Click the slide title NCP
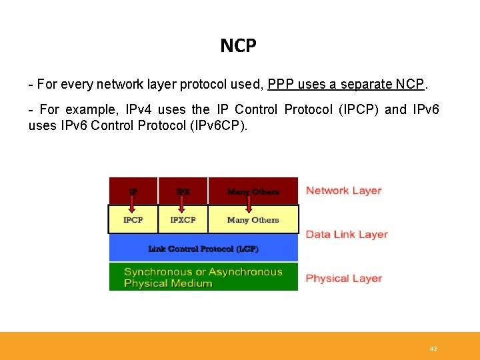coord(238,45)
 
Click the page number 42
coord(433,349)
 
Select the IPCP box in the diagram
coord(133,220)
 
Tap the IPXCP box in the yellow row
coord(183,220)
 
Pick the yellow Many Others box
coord(253,220)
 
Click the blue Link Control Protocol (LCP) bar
coord(203,249)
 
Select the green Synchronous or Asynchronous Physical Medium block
coord(203,277)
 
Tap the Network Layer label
coord(343,191)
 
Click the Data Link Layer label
coord(346,235)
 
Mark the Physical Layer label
coord(343,279)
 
